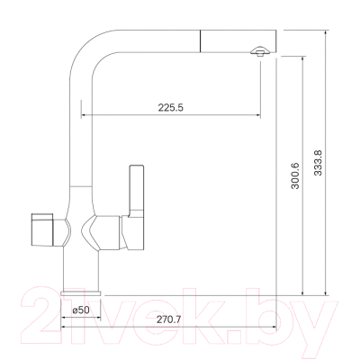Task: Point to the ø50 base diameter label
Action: pyautogui.click(x=80, y=310)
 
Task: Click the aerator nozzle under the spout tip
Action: pyautogui.click(x=258, y=54)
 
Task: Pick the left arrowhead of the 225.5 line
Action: pyautogui.click(x=85, y=116)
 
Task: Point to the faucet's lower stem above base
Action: pyautogui.click(x=80, y=270)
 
